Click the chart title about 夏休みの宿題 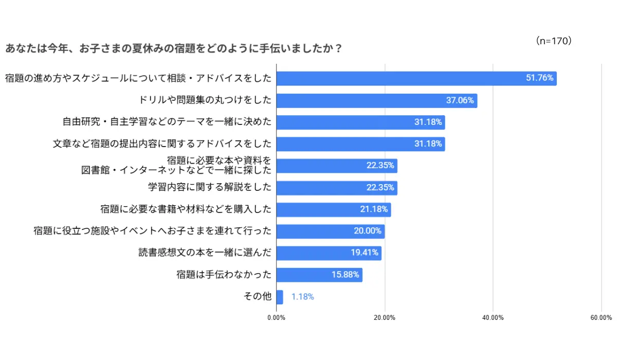click(x=174, y=49)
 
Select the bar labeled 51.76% click(x=416, y=78)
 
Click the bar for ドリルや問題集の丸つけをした click(x=376, y=100)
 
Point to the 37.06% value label click(x=460, y=100)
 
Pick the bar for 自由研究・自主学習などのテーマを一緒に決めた click(x=360, y=122)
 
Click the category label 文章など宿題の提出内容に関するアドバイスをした click(x=162, y=144)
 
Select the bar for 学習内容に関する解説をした click(x=337, y=188)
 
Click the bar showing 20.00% click(x=330, y=231)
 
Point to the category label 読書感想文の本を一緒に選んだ click(x=205, y=253)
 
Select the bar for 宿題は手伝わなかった click(x=319, y=275)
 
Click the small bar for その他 click(x=280, y=297)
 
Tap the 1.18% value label click(x=302, y=297)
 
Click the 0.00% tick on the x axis click(x=277, y=318)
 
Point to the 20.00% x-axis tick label click(x=385, y=318)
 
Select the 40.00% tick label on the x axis click(x=493, y=318)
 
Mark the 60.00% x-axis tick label click(x=601, y=318)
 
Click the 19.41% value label click(x=365, y=253)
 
